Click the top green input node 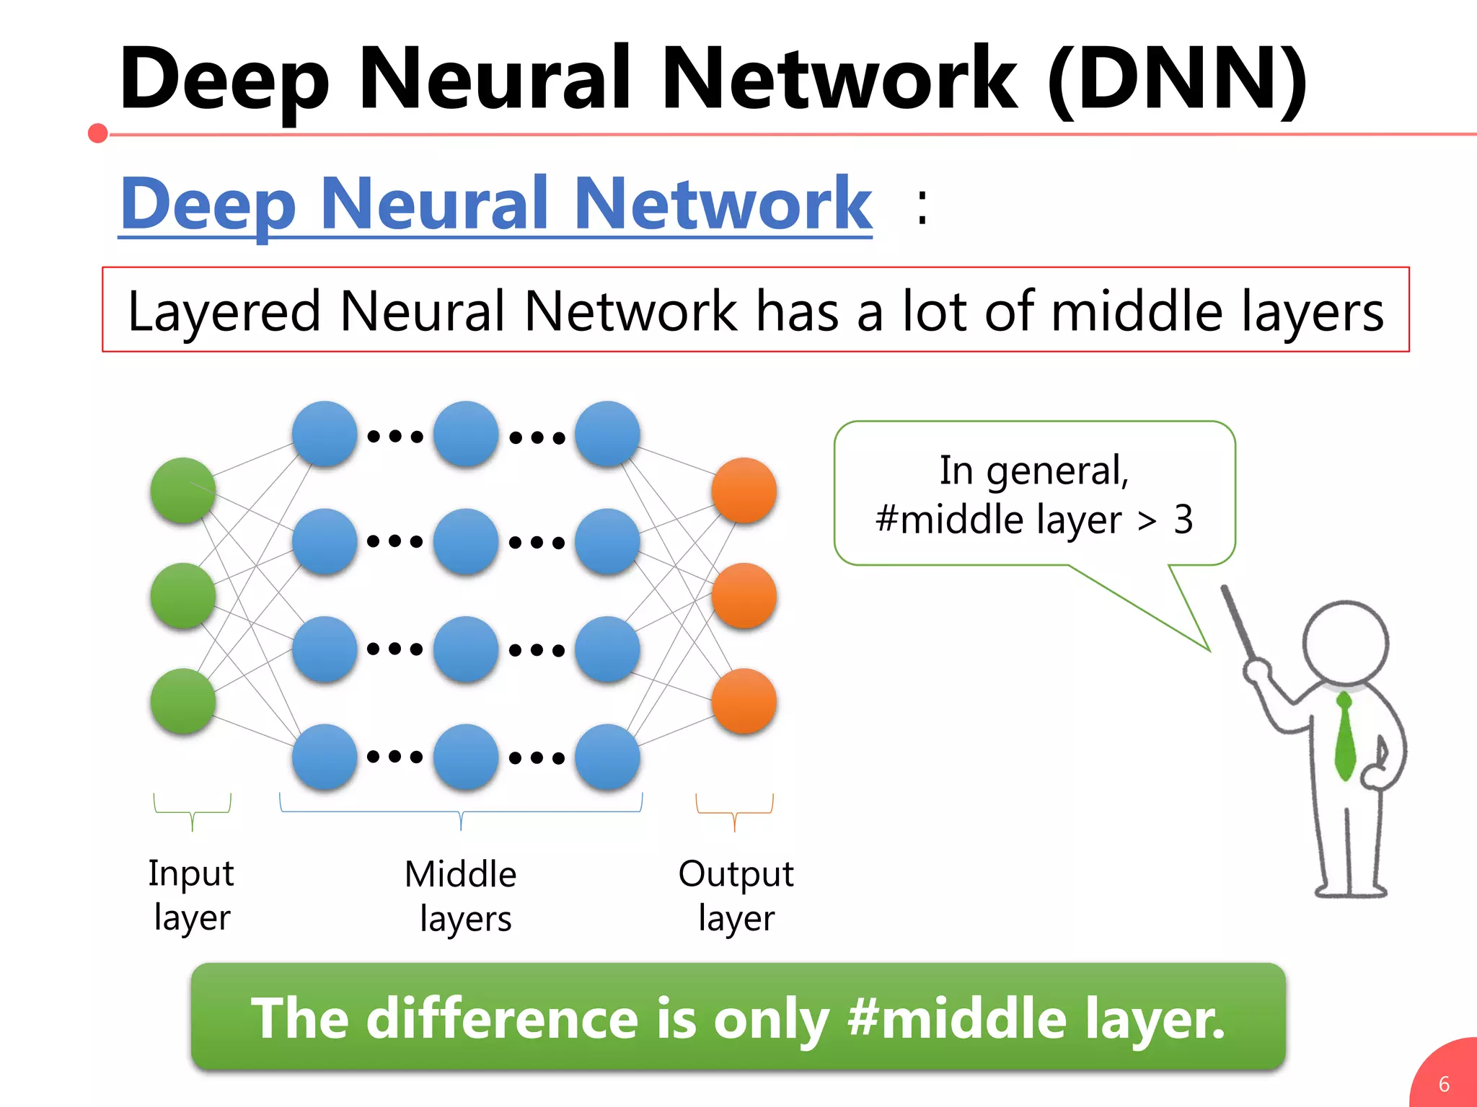[x=182, y=490]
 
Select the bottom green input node [x=182, y=701]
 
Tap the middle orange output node [x=744, y=596]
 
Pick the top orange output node [x=744, y=490]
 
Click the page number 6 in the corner [x=1444, y=1084]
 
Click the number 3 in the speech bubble [x=1183, y=519]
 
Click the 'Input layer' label [x=191, y=895]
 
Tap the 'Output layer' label [x=736, y=895]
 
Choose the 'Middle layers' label [x=462, y=896]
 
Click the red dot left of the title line [x=98, y=133]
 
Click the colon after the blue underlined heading [x=922, y=207]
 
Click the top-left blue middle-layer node [x=325, y=434]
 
